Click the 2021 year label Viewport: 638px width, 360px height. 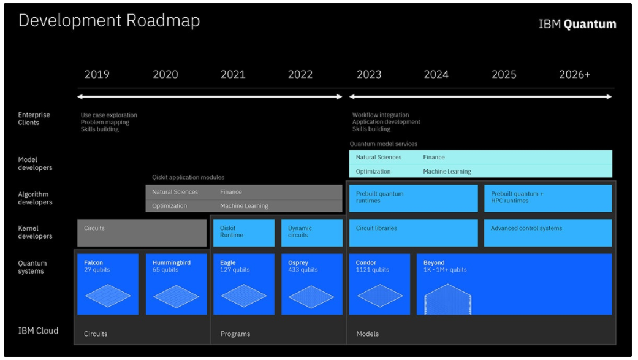pos(233,74)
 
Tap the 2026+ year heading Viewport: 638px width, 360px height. pos(574,74)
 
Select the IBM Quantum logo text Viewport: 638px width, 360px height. pos(577,24)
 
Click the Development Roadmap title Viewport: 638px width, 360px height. pos(109,21)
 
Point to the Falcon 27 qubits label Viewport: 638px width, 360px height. pos(97,266)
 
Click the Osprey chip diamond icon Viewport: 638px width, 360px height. pos(311,296)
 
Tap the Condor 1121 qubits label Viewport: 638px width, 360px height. pos(372,266)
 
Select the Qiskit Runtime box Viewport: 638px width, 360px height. pos(244,232)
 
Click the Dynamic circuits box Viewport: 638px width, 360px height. pos(312,232)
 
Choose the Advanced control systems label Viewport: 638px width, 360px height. pos(526,228)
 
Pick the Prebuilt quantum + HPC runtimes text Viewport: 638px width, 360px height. pos(517,197)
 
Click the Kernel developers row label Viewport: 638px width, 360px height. pos(35,232)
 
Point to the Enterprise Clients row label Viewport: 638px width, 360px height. pos(34,118)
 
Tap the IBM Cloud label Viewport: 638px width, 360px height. pos(38,331)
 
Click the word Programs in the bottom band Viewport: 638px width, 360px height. pos(235,334)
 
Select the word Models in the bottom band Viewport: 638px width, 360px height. pos(368,334)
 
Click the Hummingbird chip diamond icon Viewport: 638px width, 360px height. pos(176,296)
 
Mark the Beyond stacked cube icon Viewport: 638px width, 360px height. pos(447,299)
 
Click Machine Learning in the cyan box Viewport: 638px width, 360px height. pos(447,172)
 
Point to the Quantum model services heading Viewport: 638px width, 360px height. pos(383,144)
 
